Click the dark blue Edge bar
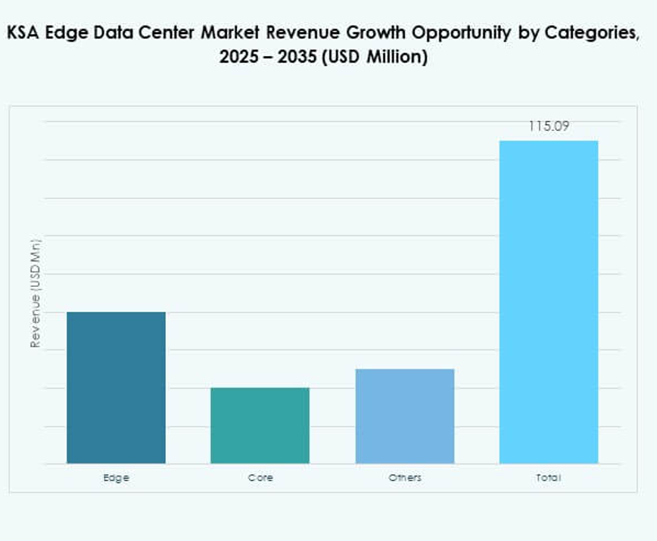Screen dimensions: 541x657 click(x=116, y=387)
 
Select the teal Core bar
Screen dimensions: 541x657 click(x=260, y=425)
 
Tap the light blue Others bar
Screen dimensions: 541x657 click(x=404, y=416)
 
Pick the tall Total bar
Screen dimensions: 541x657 click(x=548, y=302)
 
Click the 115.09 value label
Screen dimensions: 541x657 click(x=548, y=126)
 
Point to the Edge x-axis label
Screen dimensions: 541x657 click(x=116, y=478)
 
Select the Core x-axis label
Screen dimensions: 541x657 click(x=260, y=478)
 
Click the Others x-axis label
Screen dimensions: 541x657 click(x=404, y=478)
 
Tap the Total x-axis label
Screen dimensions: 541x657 click(x=548, y=478)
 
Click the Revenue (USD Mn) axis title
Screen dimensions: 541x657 click(x=35, y=293)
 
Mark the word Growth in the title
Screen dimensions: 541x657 click(x=376, y=34)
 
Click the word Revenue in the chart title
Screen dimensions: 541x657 click(x=301, y=34)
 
